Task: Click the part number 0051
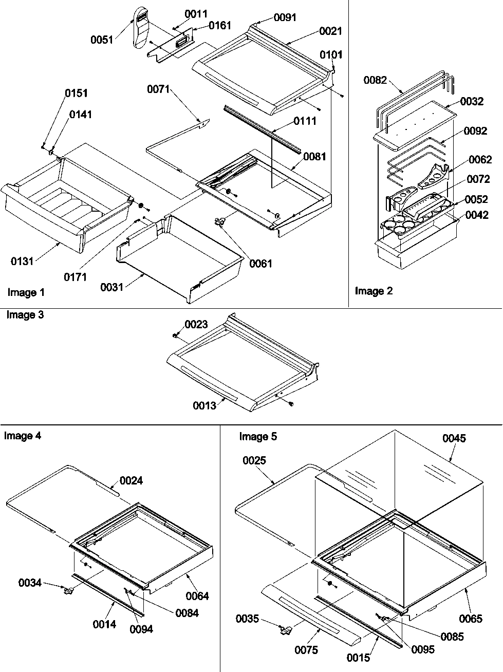102,40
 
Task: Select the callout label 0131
22,262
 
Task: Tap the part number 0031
112,287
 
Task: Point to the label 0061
261,264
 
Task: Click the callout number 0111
305,121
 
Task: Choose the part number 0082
376,80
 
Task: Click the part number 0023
196,324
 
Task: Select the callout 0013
204,406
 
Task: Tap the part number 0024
131,480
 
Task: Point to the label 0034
30,583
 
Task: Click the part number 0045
454,438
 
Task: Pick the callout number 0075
306,650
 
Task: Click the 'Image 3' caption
25,315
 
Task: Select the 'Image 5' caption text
258,437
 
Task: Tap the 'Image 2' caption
374,291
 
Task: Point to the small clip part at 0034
67,591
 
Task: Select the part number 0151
76,93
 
